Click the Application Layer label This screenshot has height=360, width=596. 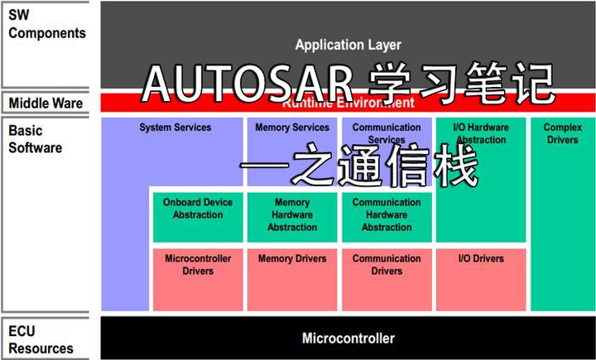pos(348,45)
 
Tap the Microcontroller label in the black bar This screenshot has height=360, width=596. pos(348,338)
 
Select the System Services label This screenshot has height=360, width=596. pos(175,127)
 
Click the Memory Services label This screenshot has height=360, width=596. pos(292,127)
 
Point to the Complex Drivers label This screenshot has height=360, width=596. pos(562,133)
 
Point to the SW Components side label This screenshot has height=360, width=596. pos(47,25)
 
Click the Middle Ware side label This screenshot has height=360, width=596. pos(46,103)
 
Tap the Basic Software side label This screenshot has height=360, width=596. pos(36,139)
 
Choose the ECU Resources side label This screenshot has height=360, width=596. pos(41,340)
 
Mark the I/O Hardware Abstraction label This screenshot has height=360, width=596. pos(481,133)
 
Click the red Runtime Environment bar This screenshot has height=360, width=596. pos(497,103)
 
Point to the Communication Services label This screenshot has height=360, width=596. pos(387,133)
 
